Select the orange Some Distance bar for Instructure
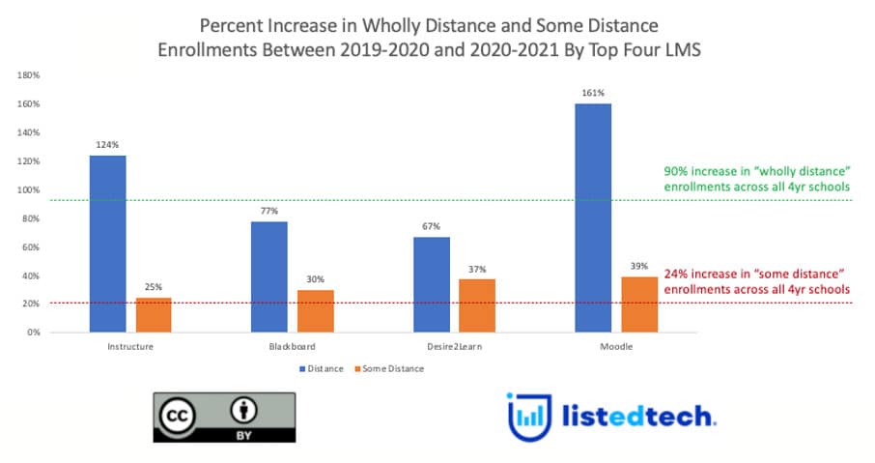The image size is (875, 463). [153, 315]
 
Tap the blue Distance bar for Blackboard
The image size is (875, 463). [269, 276]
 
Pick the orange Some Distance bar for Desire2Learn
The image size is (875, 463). [475, 305]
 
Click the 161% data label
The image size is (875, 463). [592, 93]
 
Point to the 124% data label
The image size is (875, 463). [106, 145]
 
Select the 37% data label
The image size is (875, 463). [477, 269]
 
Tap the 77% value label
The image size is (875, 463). [268, 212]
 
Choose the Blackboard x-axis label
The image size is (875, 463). [291, 346]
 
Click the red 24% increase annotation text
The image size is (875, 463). [751, 281]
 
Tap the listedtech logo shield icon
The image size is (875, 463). [528, 416]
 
